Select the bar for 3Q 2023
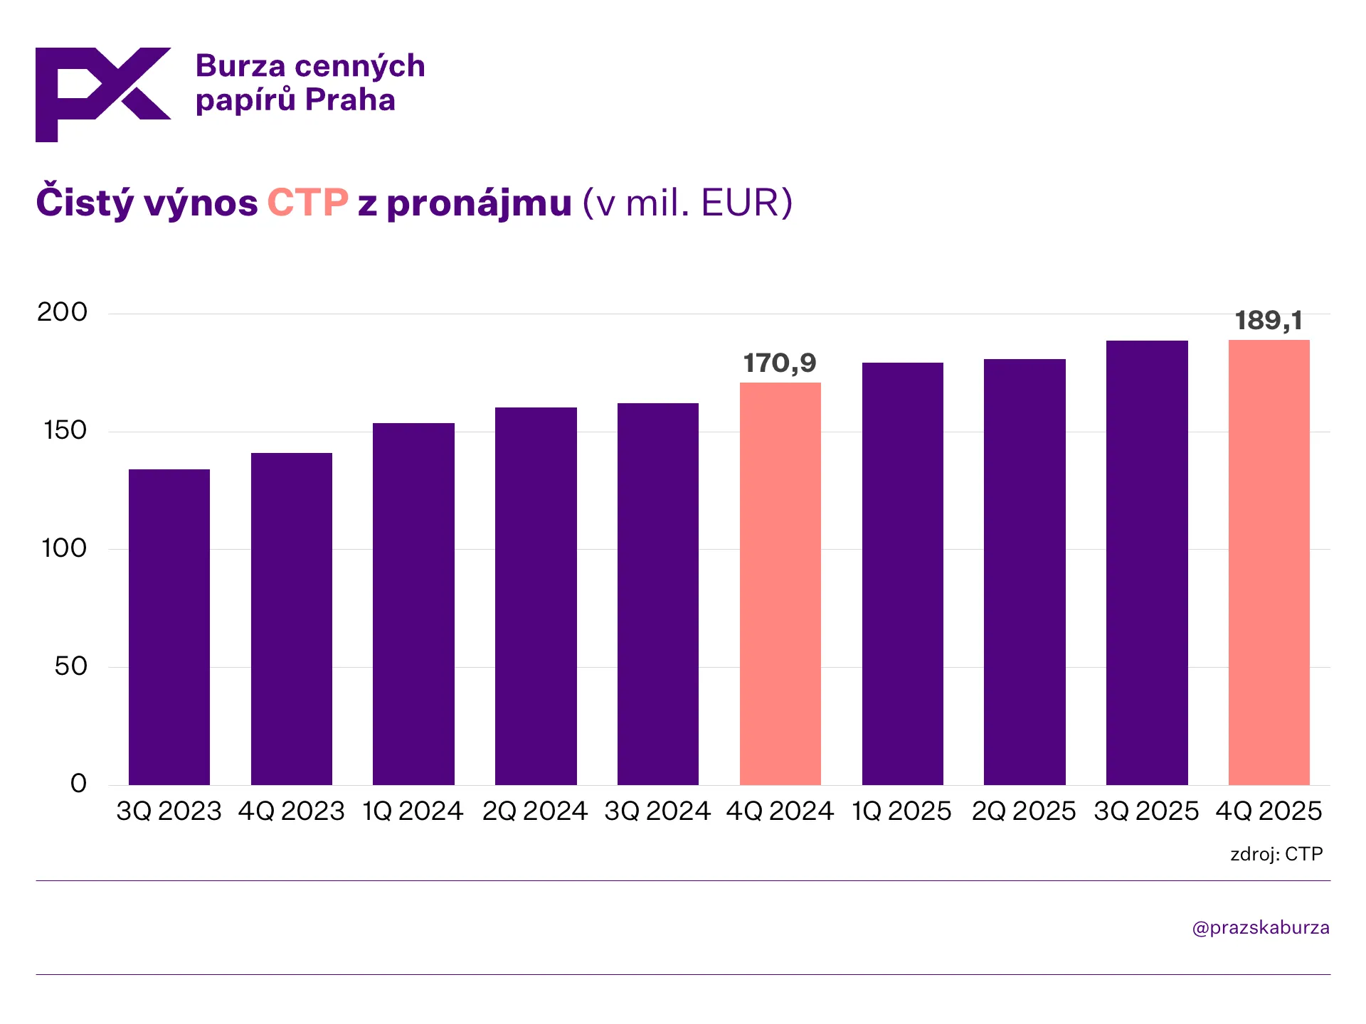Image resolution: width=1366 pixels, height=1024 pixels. click(x=169, y=626)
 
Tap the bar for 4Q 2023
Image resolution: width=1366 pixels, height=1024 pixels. click(x=292, y=619)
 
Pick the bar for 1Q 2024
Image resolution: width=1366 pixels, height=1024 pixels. click(x=413, y=604)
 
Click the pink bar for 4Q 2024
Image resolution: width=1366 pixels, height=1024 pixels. click(x=780, y=583)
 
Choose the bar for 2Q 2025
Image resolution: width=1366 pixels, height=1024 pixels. click(x=1024, y=572)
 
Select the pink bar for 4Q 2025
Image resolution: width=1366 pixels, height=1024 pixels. click(x=1269, y=562)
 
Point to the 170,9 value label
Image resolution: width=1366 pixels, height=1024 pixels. click(x=780, y=363)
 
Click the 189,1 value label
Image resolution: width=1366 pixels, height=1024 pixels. click(x=1269, y=321)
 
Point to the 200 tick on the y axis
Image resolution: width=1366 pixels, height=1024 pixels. click(x=63, y=312)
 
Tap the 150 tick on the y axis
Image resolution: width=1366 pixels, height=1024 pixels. click(x=65, y=430)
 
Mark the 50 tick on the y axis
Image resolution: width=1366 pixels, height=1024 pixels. click(x=70, y=666)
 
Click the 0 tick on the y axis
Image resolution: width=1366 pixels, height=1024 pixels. click(x=78, y=784)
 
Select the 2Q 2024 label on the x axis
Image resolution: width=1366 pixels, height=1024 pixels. click(x=535, y=811)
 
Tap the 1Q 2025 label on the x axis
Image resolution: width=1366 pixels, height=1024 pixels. click(x=901, y=811)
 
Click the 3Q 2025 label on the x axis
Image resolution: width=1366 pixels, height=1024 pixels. click(x=1146, y=811)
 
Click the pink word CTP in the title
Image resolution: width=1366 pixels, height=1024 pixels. click(x=307, y=203)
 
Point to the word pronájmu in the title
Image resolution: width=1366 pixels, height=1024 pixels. click(x=479, y=204)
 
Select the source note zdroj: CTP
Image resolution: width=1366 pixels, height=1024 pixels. click(x=1276, y=854)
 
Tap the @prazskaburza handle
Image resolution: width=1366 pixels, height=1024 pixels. click(x=1261, y=928)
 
